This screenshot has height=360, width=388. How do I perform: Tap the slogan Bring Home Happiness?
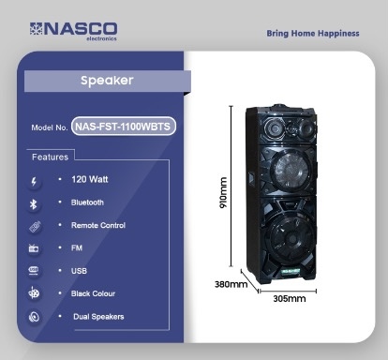coord(313,34)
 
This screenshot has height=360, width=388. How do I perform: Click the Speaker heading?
coord(107,81)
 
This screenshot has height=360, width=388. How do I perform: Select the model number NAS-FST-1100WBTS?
coord(123,127)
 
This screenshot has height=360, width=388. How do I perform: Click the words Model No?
coord(50,127)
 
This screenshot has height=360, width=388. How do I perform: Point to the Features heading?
coord(50,157)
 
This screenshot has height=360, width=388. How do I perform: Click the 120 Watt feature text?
coord(90,179)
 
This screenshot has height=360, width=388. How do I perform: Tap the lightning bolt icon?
coord(34,181)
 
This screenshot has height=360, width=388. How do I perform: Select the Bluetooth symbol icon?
coord(33,204)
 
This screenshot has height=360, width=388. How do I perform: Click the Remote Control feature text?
coord(98,225)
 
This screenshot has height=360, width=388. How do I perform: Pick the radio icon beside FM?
coord(34,248)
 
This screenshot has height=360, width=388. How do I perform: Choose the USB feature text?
coord(79,271)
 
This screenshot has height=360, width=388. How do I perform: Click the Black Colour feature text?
coord(93,293)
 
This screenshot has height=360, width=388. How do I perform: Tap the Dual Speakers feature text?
coord(98,317)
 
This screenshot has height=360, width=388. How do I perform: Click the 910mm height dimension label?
coord(223,192)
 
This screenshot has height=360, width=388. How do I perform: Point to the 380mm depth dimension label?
coord(231,284)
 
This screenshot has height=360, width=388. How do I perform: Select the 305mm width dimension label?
coord(290,299)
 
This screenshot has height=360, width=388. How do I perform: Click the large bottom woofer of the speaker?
coord(291,239)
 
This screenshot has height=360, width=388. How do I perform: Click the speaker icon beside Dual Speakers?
coord(34,317)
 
